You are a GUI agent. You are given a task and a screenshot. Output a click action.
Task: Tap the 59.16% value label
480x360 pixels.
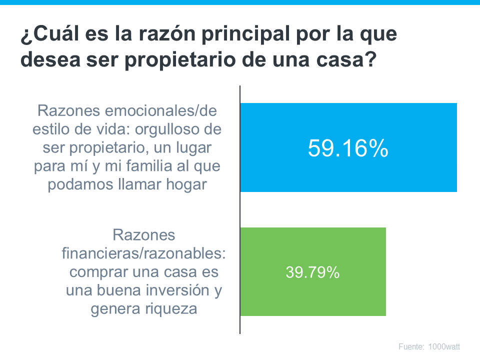click(x=348, y=148)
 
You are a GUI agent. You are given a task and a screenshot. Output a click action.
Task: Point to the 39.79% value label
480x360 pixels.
click(x=313, y=272)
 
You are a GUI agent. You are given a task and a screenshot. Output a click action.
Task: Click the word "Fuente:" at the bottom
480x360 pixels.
click(x=411, y=346)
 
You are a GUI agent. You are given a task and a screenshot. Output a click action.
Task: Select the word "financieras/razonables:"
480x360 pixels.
click(x=144, y=253)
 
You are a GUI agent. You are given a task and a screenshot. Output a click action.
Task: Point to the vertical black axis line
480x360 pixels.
click(x=240, y=210)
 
